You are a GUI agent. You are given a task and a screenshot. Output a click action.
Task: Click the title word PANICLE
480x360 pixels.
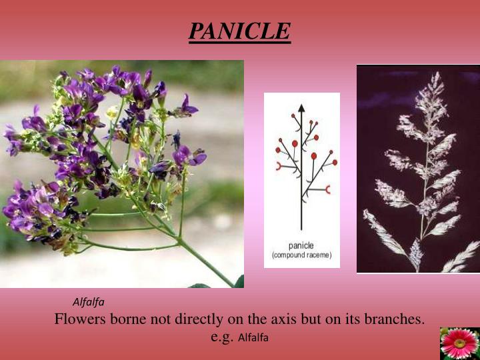tap(239, 31)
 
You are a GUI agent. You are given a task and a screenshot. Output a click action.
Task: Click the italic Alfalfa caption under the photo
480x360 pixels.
tap(89, 302)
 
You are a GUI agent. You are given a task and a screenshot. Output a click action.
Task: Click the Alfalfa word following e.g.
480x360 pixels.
tap(253, 337)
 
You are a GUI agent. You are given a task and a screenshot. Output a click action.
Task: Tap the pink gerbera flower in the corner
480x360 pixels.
tap(459, 343)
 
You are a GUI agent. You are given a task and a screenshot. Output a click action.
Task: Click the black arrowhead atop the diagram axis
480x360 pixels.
tap(301, 107)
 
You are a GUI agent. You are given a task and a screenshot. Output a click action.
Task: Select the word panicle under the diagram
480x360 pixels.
tap(301, 245)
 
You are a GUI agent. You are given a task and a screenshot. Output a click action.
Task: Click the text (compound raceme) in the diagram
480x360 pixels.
tap(301, 255)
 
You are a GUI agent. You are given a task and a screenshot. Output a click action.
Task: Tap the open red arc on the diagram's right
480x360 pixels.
tap(327, 191)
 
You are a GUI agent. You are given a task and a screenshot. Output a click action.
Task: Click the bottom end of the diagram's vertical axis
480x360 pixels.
tap(301, 229)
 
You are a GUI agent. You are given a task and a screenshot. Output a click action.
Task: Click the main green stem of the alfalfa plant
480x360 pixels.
tap(200, 257)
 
